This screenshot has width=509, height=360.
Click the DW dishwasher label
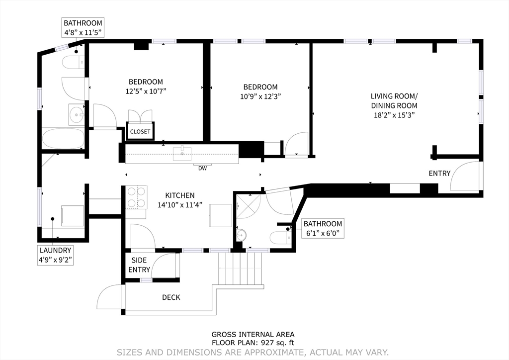[x=202, y=168]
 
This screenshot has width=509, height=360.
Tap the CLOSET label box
[x=140, y=132]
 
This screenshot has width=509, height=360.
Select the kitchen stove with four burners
[x=136, y=197]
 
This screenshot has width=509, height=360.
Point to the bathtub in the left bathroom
[x=63, y=138]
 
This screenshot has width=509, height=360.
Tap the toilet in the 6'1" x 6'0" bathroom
[x=279, y=238]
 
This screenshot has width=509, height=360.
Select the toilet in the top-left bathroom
[x=72, y=62]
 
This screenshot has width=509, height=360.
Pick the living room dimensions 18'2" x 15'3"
[x=394, y=115]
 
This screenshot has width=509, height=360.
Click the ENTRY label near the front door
[x=439, y=174]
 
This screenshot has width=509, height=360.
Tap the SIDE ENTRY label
[x=139, y=265]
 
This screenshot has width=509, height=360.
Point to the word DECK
[x=171, y=297]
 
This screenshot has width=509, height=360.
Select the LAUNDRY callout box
[x=56, y=255]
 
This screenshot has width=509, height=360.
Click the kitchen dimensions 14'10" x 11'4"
[x=179, y=204]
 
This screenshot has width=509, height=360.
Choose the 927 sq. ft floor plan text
[x=253, y=343]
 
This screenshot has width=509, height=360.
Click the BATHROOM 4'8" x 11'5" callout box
[x=83, y=27]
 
